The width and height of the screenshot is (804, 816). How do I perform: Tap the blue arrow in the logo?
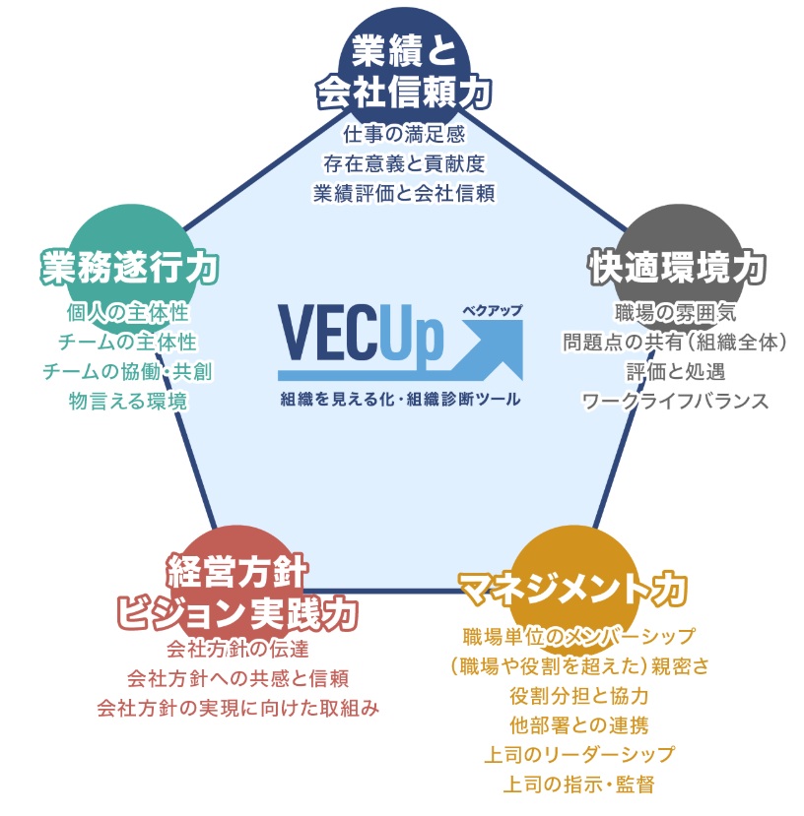click(x=483, y=349)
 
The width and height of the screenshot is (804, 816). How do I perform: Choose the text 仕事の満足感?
click(x=404, y=133)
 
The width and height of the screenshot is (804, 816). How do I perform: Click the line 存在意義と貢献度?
click(x=404, y=161)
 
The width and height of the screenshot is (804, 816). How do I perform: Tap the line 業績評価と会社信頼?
click(x=404, y=191)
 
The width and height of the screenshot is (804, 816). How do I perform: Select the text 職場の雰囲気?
click(x=675, y=313)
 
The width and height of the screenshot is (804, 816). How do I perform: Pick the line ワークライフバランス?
click(x=675, y=401)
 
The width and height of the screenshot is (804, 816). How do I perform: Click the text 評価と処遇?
click(x=675, y=371)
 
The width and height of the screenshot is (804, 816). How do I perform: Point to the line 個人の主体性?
click(x=127, y=313)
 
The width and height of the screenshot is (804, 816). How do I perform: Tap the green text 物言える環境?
click(x=127, y=401)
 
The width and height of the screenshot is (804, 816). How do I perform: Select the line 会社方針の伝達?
click(x=237, y=650)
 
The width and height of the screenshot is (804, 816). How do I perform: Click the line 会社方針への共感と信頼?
click(x=237, y=679)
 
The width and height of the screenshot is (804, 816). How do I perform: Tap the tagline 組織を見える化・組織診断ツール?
click(x=399, y=401)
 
